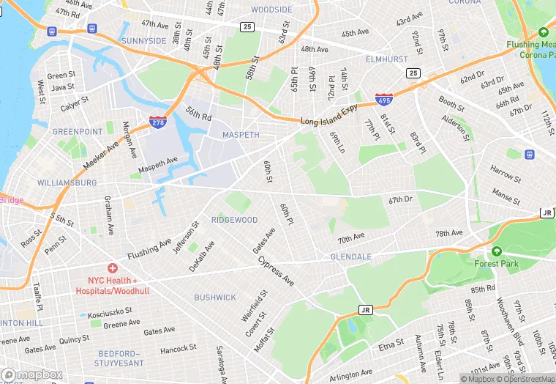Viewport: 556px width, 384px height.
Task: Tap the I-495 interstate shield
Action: point(383,99)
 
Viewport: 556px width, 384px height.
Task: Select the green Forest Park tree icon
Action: point(497,251)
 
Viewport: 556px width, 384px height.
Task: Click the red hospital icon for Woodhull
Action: point(112,269)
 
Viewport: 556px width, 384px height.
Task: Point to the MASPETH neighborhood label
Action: point(241,136)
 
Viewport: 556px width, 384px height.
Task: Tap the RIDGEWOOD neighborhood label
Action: point(234,220)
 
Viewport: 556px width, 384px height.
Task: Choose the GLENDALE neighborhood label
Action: point(351,257)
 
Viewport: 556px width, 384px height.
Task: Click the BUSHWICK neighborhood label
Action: point(215,298)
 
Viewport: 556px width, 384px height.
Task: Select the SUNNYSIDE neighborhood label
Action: point(144,41)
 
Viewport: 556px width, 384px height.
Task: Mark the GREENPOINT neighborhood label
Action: point(77,132)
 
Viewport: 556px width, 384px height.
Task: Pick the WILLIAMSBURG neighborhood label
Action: point(67,182)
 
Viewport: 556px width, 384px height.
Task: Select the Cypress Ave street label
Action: point(276,271)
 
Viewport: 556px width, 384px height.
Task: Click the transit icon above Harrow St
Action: point(529,155)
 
